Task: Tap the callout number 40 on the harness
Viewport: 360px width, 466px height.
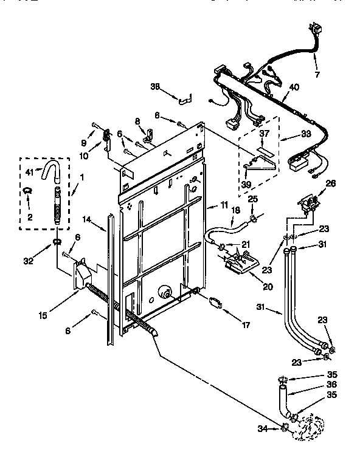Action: pos(294,86)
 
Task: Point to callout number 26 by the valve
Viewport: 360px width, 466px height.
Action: pos(330,183)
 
